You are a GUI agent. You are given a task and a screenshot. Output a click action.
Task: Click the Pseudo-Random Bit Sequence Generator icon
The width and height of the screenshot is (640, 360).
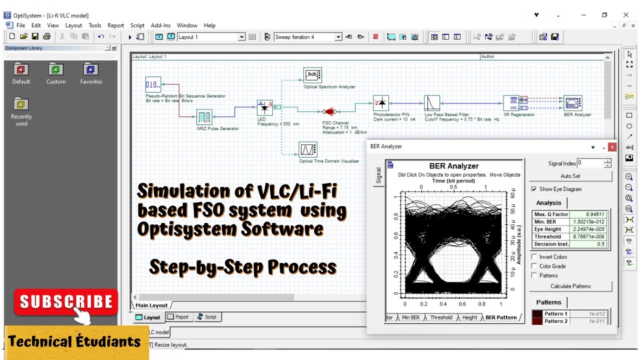coord(153,84)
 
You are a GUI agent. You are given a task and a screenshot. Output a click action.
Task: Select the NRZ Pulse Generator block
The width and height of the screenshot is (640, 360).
coord(204,117)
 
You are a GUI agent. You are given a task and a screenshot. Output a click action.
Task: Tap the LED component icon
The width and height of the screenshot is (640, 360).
coord(264,107)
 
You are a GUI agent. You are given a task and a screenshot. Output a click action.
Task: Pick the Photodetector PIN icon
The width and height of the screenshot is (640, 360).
coord(381,103)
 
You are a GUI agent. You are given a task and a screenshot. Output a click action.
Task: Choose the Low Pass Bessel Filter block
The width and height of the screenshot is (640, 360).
coord(432,103)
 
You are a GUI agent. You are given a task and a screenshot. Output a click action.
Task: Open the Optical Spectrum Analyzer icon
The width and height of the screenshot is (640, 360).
coord(312,75)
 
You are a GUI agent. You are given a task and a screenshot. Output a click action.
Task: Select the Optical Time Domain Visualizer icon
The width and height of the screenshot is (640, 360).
coord(308,149)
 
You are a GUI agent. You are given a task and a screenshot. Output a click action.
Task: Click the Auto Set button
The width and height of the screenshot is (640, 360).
coord(570,176)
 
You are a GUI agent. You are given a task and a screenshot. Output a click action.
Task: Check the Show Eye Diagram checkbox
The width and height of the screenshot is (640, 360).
coord(534,189)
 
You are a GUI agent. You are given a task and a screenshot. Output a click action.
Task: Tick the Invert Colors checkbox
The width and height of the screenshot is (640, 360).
coord(534,257)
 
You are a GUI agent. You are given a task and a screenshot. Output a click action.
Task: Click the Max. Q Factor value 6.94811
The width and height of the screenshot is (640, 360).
coord(590,214)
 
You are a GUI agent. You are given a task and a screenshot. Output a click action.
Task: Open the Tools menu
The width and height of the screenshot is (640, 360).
coord(95,25)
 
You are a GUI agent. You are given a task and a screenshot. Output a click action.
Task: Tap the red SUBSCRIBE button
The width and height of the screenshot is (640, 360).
coord(66,302)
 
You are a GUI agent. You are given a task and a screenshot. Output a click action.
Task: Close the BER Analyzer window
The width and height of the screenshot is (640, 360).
coord(612,147)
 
